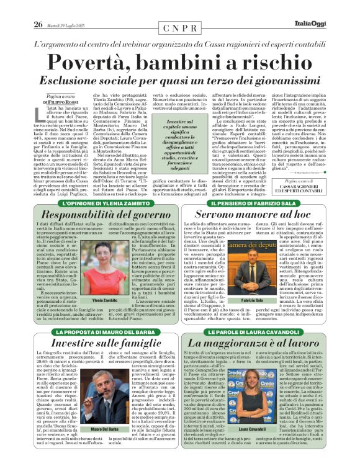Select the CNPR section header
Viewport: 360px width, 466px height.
(x=180, y=29)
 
